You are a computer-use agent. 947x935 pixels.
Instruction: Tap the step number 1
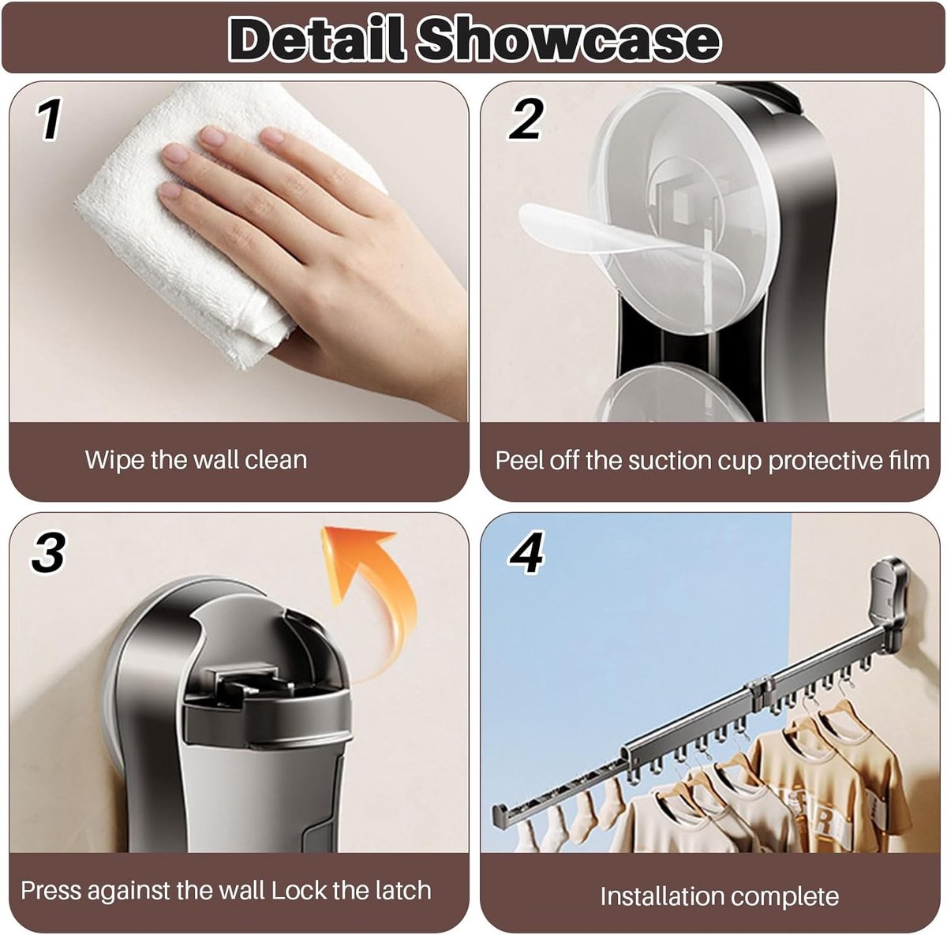tap(50, 119)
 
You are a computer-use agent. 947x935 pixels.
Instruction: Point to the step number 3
tap(48, 552)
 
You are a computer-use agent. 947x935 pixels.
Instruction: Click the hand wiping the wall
tap(305, 246)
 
